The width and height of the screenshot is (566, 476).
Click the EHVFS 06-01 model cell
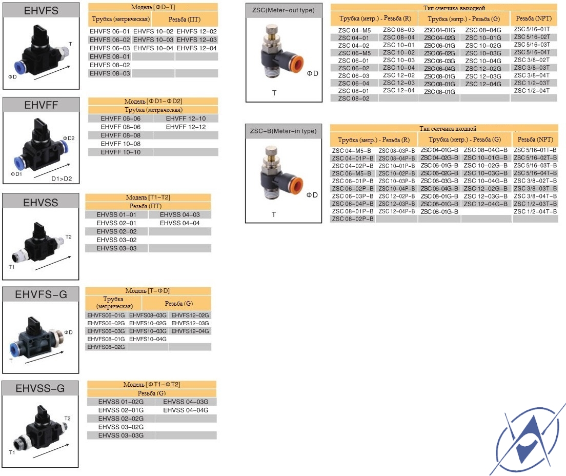109,31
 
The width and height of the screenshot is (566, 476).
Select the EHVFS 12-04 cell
197,48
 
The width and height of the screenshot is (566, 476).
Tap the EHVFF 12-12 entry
186,127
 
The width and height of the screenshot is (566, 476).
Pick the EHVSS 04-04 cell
180,223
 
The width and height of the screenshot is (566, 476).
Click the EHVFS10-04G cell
148,339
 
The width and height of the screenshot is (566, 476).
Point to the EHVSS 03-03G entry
121,435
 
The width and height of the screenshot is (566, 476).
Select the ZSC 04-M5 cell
354,30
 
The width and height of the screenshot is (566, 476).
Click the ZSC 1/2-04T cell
532,91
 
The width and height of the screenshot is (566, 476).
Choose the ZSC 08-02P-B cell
353,219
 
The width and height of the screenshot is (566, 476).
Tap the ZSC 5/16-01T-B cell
535,150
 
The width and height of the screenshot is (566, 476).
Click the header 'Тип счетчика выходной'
454,8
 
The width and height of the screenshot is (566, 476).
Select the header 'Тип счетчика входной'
448,128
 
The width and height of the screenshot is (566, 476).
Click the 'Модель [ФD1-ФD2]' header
153,101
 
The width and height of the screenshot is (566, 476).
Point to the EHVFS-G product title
41,294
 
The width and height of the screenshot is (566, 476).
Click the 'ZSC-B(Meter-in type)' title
284,131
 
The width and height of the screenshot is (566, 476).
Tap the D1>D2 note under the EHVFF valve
62,179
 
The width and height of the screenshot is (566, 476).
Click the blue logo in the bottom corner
528,439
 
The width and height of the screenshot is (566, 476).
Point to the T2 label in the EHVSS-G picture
68,418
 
